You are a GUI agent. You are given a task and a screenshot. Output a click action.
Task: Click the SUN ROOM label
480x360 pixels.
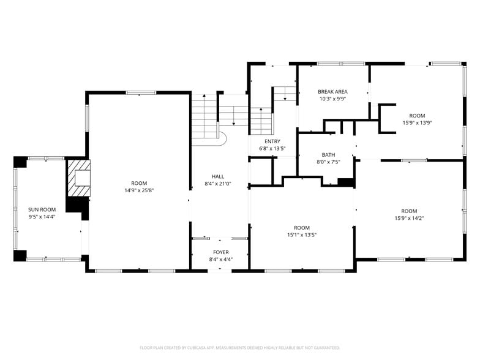[x=42, y=209]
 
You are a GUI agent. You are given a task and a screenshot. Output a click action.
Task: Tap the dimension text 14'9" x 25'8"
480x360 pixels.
[x=139, y=190]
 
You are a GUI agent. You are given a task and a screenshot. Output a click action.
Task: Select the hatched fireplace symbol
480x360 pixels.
[x=78, y=178]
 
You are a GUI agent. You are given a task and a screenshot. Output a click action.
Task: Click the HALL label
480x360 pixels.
[x=218, y=176]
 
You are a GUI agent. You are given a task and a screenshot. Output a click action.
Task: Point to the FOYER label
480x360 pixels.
[x=221, y=252]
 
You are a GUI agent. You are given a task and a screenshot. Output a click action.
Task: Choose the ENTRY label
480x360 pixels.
[x=272, y=141]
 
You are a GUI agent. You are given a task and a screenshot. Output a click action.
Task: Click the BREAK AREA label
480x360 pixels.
[x=333, y=92]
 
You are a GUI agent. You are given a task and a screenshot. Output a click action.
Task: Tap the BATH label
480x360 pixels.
[x=328, y=155]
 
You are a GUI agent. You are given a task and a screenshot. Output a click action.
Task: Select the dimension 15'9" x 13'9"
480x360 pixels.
[x=418, y=122]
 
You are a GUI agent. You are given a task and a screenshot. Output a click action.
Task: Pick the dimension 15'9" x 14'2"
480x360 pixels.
[x=409, y=218]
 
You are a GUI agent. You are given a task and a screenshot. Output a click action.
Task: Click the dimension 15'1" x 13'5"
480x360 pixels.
[x=302, y=235]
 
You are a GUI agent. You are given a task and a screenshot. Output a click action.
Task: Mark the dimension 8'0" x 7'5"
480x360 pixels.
[x=328, y=162]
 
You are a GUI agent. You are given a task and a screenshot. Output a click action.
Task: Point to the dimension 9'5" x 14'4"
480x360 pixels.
[x=42, y=217]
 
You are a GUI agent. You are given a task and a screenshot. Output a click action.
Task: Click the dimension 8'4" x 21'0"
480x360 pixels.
[x=218, y=184]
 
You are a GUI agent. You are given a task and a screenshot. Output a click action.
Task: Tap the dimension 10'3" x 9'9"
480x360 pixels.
[x=333, y=99]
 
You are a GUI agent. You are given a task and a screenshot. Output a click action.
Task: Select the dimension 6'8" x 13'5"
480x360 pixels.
[x=272, y=149]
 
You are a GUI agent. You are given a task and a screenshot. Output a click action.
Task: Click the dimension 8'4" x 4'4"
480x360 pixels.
[x=221, y=260]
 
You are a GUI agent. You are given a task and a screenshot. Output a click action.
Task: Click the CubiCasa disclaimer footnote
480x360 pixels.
[x=240, y=348]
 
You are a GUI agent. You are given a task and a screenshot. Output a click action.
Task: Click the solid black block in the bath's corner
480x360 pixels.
[x=346, y=182]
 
